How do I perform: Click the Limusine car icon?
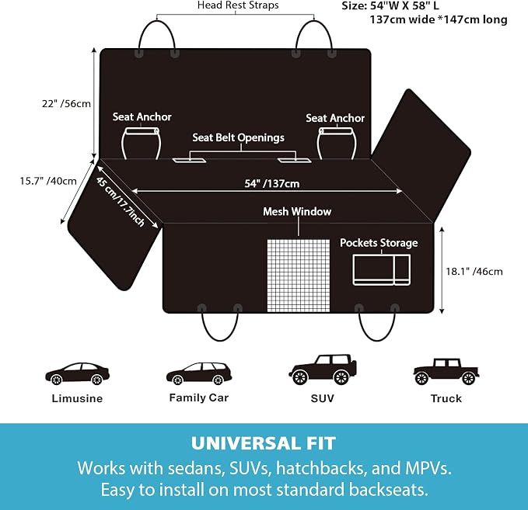pyautogui.click(x=77, y=374)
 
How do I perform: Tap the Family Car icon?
pyautogui.click(x=199, y=374)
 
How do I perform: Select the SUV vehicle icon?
pyautogui.click(x=322, y=369)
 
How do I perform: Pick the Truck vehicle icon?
pyautogui.click(x=446, y=372)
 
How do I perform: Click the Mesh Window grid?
pyautogui.click(x=299, y=276)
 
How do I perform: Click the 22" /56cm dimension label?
pyautogui.click(x=66, y=103)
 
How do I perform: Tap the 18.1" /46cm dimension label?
pyautogui.click(x=474, y=272)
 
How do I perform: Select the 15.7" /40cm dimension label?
pyautogui.click(x=48, y=181)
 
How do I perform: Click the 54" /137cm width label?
pyautogui.click(x=271, y=183)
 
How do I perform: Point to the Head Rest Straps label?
pyautogui.click(x=238, y=5)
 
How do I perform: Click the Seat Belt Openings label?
pyautogui.click(x=238, y=137)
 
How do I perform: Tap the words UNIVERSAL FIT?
pyautogui.click(x=264, y=443)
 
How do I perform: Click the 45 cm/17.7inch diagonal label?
pyautogui.click(x=121, y=201)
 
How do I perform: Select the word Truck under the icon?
pyautogui.click(x=446, y=398)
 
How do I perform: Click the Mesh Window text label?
pyautogui.click(x=297, y=211)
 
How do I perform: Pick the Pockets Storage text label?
pyautogui.click(x=379, y=243)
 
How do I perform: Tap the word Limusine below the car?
pyautogui.click(x=77, y=398)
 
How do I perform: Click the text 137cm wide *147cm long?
pyautogui.click(x=439, y=19)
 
